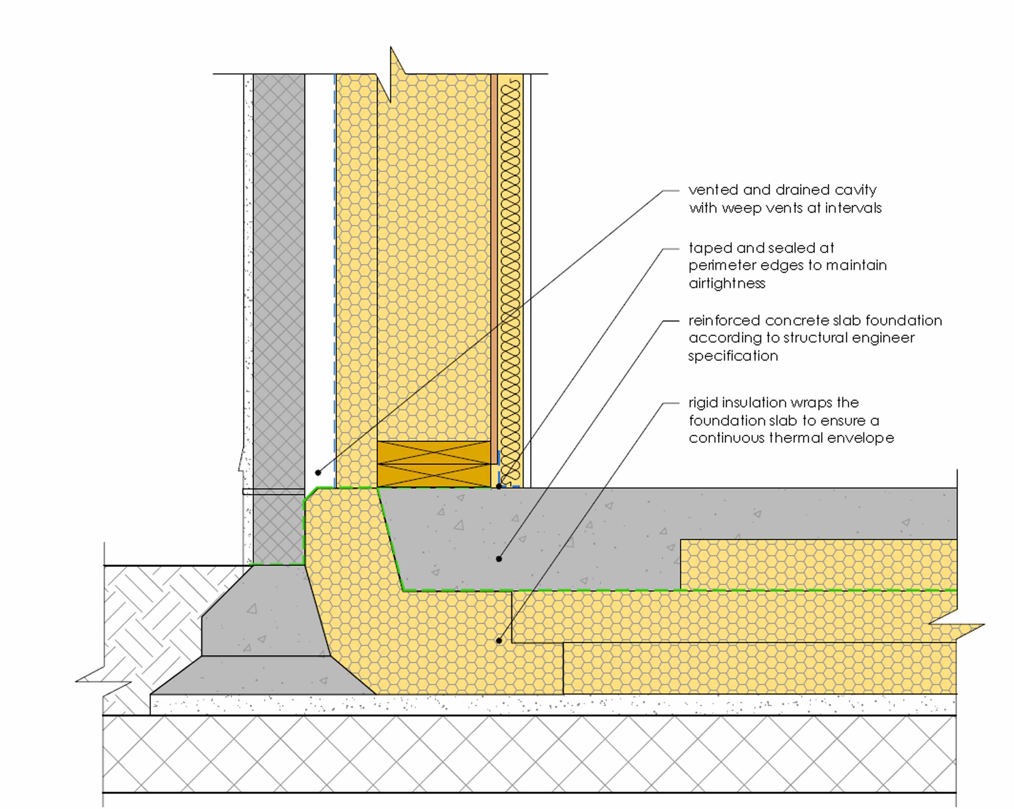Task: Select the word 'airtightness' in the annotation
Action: (727, 283)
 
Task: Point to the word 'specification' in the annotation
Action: (733, 356)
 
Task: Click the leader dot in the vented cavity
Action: (318, 473)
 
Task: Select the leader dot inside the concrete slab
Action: (499, 559)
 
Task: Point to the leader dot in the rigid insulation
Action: (499, 641)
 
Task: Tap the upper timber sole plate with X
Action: (434, 452)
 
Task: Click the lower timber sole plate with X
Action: (434, 475)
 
